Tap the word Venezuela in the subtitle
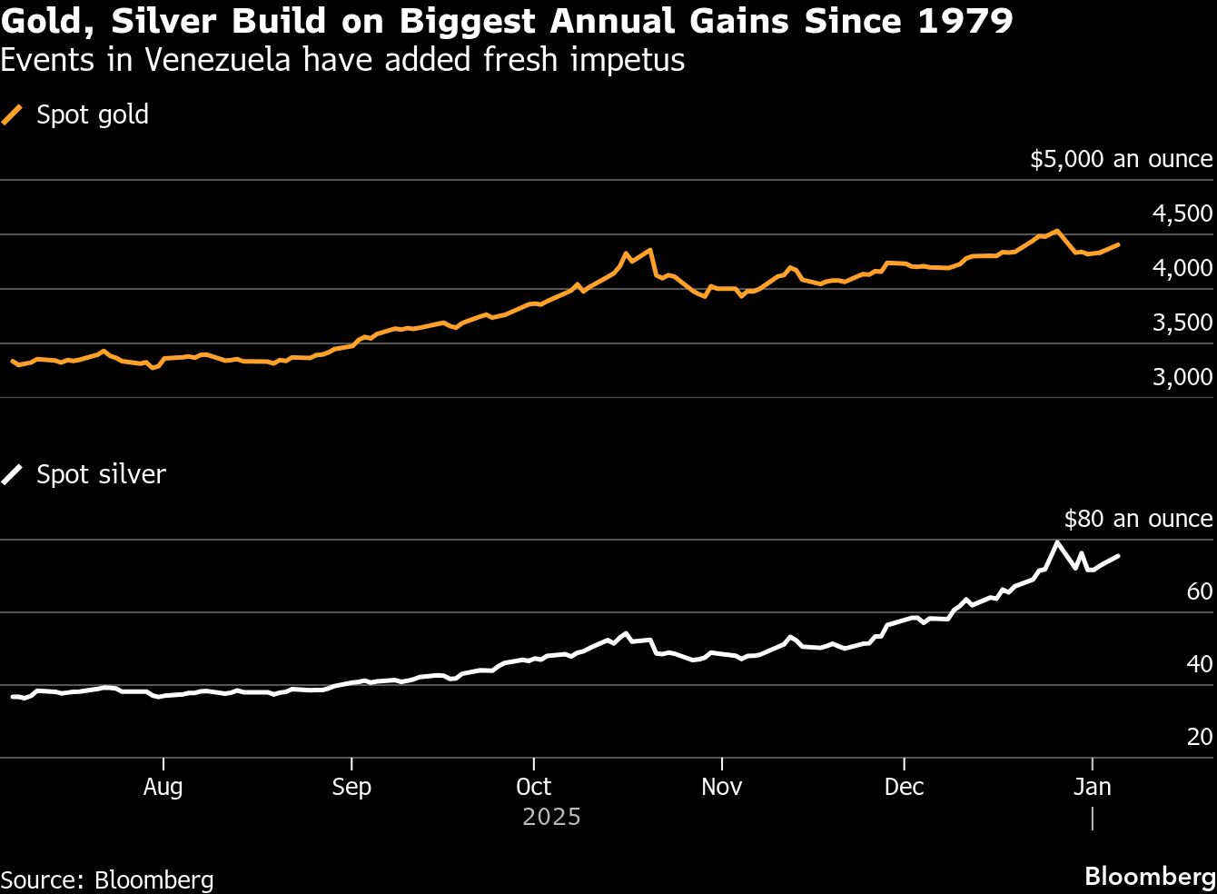click(218, 60)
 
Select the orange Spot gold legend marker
click(12, 114)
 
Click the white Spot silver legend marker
click(12, 474)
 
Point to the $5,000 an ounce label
click(1121, 159)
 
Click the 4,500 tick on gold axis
click(1182, 214)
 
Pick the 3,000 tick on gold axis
click(1182, 376)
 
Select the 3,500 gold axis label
click(1182, 323)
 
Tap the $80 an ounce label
click(1137, 519)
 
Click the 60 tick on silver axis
click(1199, 591)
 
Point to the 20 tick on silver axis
click(1199, 737)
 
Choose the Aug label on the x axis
click(163, 787)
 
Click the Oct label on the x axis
click(533, 787)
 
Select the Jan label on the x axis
click(1092, 787)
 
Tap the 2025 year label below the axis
click(551, 817)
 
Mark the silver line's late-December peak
click(1057, 542)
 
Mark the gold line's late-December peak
click(1056, 231)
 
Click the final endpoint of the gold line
click(1117, 244)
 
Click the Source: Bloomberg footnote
click(107, 879)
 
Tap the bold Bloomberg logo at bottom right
click(1149, 876)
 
